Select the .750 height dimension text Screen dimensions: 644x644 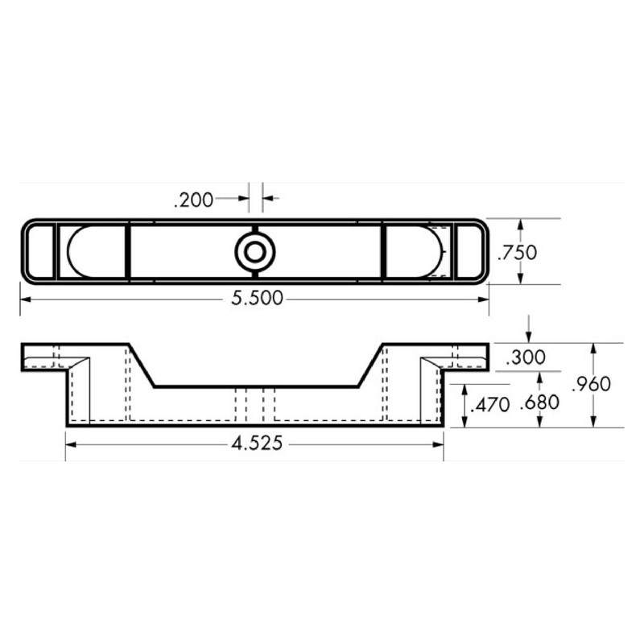(516, 252)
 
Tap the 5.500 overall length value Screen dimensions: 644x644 (257, 299)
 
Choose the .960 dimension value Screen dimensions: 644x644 (591, 385)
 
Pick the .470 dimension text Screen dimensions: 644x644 (489, 405)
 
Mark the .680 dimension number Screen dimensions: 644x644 (539, 405)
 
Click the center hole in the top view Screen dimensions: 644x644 (254, 252)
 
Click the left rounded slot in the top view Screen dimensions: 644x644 (93, 252)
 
